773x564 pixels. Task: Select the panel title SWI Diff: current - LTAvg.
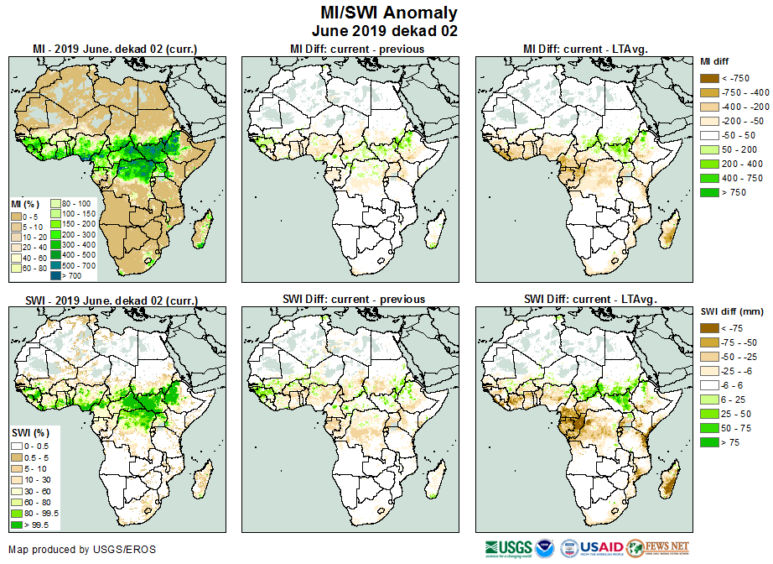[589, 299]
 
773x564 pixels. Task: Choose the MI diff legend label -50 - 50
[734, 135]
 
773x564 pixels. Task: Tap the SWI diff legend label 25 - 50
[734, 414]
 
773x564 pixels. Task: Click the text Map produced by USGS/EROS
[82, 550]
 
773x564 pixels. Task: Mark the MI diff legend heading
[716, 61]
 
